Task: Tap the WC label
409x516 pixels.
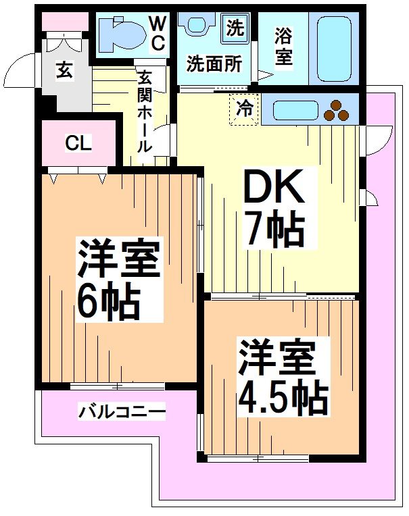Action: [157, 34]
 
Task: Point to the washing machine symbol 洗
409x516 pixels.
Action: [234, 28]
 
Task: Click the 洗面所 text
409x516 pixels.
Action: [214, 65]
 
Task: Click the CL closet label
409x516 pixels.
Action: [78, 143]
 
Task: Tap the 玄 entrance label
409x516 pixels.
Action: [64, 70]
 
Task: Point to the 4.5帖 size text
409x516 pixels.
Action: [282, 398]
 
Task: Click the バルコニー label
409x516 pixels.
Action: [122, 410]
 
